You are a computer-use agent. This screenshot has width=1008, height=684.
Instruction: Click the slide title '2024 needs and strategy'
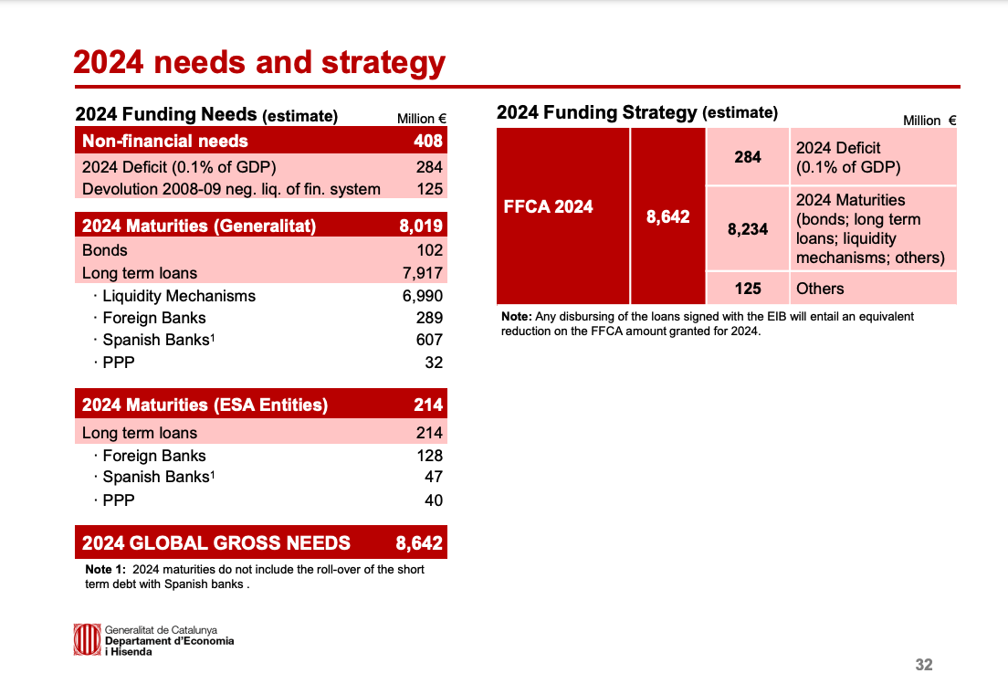259,63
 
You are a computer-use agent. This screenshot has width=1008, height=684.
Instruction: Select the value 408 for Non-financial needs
427,141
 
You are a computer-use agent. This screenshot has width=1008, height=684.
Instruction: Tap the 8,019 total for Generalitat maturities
420,226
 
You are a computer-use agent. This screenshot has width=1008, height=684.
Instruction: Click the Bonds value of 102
429,250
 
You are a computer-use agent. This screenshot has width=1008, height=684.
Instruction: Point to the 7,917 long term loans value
423,273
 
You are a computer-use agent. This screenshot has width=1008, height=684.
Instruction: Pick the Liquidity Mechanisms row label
179,296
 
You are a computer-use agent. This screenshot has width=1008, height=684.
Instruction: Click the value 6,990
423,296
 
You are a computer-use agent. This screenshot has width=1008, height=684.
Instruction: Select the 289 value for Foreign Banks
429,318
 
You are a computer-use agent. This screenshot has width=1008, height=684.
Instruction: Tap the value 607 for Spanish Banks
429,340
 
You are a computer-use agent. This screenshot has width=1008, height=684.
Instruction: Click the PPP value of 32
434,363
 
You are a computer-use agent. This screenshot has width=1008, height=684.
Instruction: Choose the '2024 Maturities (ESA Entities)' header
205,405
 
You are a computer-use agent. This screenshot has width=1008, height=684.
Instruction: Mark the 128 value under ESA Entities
429,456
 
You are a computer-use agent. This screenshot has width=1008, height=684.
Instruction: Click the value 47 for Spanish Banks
434,477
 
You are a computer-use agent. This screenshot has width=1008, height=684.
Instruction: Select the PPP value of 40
434,500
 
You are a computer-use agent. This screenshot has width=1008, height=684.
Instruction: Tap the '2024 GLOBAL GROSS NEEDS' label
216,543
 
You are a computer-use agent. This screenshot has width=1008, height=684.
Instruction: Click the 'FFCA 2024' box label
549,207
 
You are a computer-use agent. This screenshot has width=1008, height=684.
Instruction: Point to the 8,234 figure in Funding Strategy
748,229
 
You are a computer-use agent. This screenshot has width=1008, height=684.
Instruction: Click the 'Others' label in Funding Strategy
820,289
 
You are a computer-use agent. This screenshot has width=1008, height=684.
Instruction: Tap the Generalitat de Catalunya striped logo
87,639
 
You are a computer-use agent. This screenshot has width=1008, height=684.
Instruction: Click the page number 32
924,665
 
